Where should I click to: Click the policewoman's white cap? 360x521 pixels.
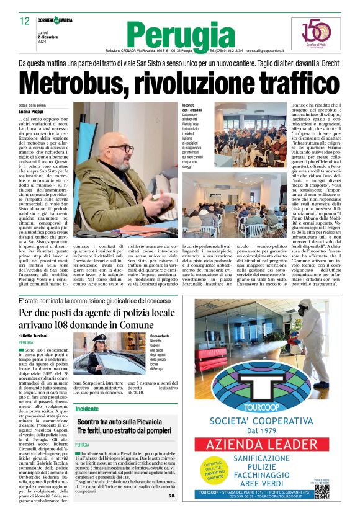point(100,337)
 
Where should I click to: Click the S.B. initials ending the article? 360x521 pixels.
point(171,497)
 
